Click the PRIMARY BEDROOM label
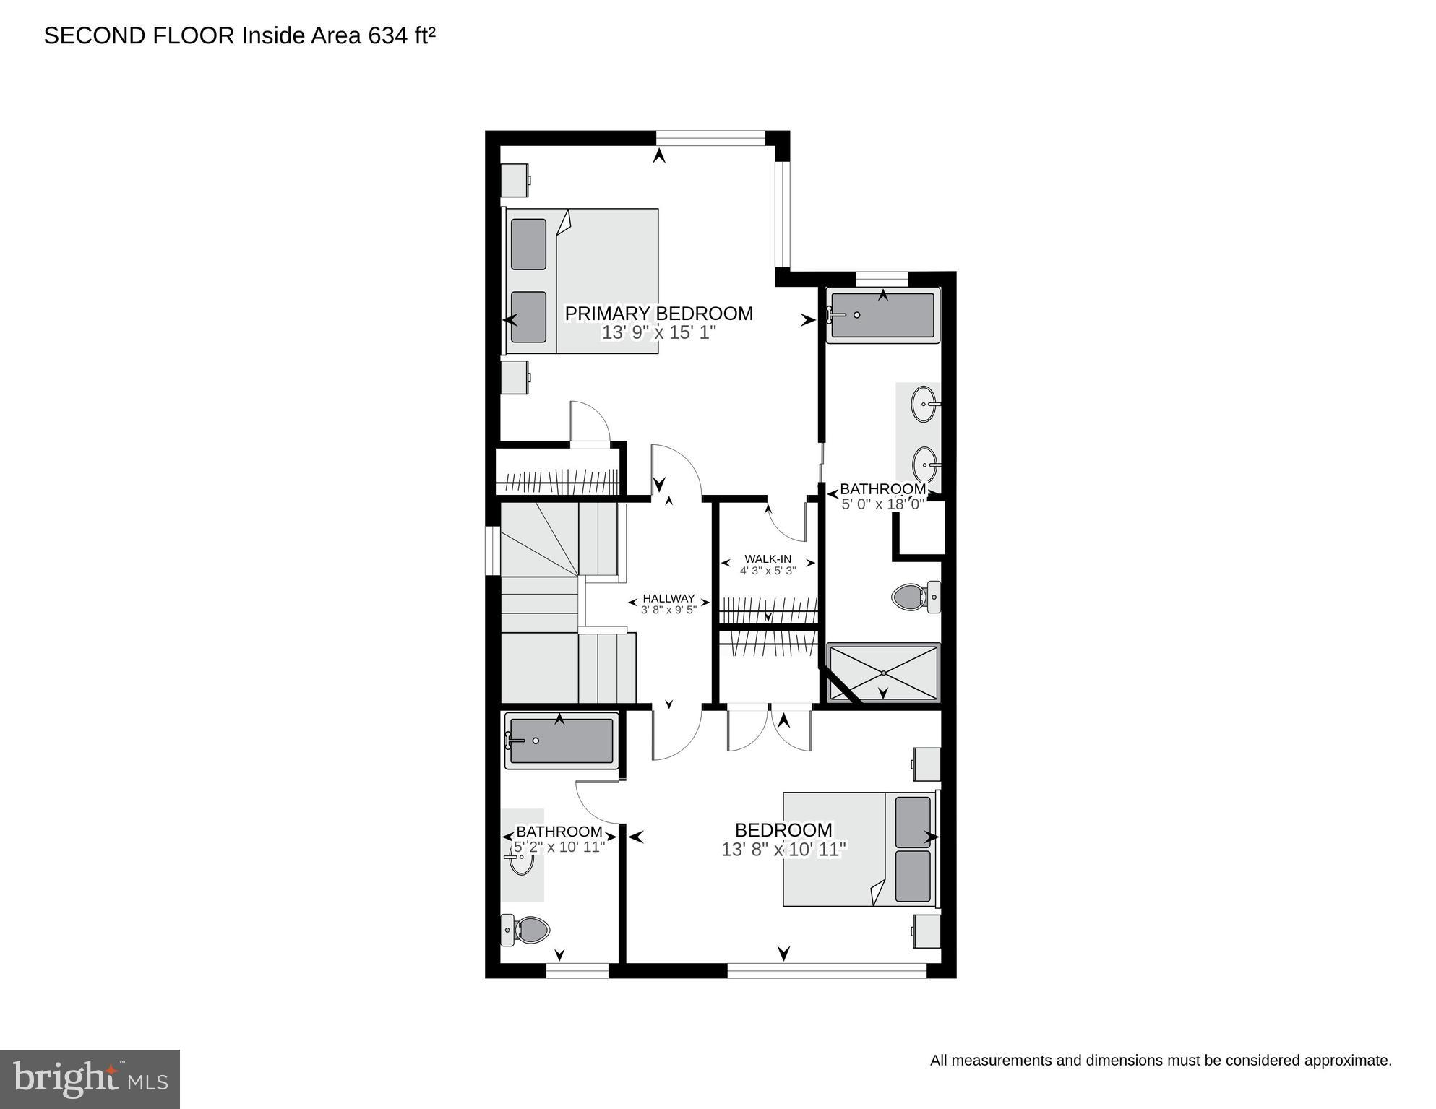658,314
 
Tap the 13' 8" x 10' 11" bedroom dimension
783,850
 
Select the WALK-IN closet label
768,558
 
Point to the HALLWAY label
668,598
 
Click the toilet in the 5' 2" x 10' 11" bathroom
525,930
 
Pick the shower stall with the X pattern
883,673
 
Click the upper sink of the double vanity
924,404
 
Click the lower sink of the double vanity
924,463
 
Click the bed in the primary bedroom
582,281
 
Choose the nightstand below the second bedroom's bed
926,931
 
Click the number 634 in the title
387,36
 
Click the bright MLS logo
90,1079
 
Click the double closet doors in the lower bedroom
770,728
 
